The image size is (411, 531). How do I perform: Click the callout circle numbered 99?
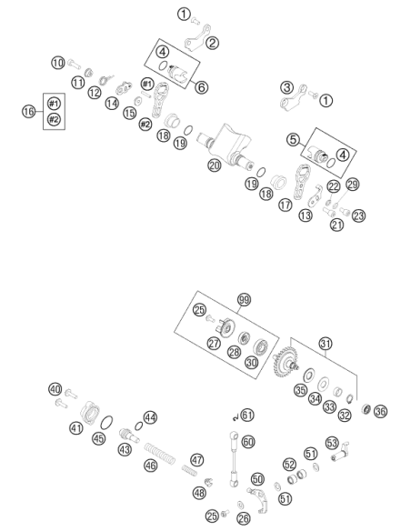coord(244,300)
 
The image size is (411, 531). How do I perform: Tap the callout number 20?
coord(215,165)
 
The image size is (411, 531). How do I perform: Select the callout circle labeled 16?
coord(29,111)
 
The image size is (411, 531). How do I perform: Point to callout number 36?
coord(380,412)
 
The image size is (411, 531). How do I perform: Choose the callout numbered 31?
coord(326,344)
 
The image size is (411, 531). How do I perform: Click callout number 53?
coord(332,444)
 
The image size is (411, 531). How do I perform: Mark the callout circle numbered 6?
coord(202,87)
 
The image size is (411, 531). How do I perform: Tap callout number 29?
coord(353,185)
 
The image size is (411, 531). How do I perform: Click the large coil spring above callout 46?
coord(160,453)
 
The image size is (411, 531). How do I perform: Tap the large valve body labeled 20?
coord(226,146)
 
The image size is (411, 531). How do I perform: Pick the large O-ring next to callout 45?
coord(107,423)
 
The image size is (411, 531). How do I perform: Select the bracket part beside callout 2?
coord(196,38)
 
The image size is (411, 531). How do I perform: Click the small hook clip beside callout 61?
coord(236,418)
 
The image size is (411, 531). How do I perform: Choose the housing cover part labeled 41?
coord(90,412)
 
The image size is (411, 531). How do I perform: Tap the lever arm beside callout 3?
coord(293,98)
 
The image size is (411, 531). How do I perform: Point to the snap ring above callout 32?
coord(350,399)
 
